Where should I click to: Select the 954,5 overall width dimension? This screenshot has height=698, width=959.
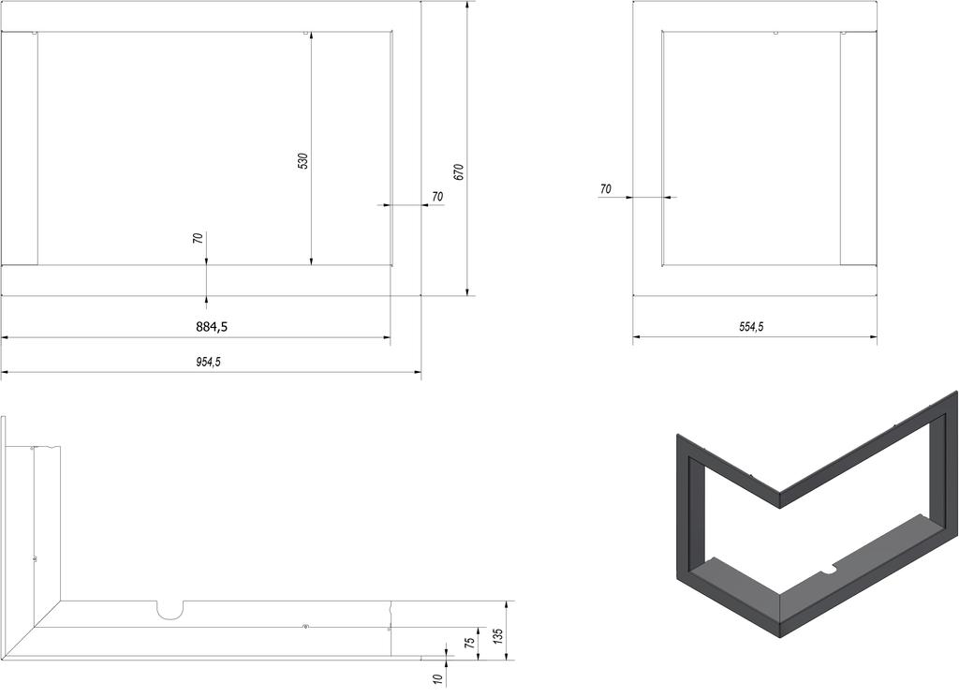click(x=209, y=363)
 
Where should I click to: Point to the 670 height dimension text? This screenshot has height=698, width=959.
click(x=458, y=171)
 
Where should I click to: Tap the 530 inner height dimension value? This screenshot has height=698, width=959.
click(x=302, y=161)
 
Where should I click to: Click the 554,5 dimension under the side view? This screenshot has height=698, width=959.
click(x=751, y=327)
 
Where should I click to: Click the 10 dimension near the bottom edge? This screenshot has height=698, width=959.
click(x=437, y=677)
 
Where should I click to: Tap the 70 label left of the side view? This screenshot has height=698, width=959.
click(x=605, y=189)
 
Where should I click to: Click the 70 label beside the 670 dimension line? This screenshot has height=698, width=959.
click(x=437, y=197)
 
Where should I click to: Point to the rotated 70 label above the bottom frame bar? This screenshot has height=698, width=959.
click(x=198, y=239)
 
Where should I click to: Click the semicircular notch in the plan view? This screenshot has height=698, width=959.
click(x=170, y=610)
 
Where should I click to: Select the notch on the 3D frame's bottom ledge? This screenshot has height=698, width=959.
click(x=828, y=569)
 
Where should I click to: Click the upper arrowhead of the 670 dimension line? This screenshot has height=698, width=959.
click(x=467, y=6)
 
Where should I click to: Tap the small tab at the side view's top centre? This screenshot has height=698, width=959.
click(x=776, y=34)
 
